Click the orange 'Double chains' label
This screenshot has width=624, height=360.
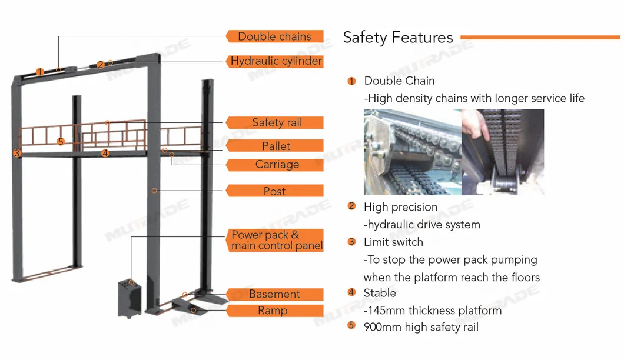(275, 36)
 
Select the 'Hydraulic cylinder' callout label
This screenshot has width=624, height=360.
(276, 61)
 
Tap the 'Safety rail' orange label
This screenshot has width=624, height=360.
(276, 123)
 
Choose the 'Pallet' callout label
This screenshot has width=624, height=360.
(276, 146)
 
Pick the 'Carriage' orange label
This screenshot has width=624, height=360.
(276, 165)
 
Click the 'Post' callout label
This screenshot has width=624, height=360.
(275, 191)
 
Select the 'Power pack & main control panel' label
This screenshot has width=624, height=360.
(276, 241)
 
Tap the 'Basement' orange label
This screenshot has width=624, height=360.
(274, 294)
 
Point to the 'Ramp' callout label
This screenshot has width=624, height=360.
(273, 311)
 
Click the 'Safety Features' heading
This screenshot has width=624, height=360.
(398, 38)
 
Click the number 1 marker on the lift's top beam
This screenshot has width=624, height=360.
(39, 72)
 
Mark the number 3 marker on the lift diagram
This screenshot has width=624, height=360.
(18, 154)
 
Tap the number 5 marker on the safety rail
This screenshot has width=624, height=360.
(61, 142)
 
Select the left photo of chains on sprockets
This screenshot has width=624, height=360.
(411, 151)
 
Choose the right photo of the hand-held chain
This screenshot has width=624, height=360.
(502, 151)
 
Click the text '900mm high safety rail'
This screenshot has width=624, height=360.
(421, 327)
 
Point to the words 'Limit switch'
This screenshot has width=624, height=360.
(393, 242)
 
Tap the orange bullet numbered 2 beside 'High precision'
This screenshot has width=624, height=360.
(352, 206)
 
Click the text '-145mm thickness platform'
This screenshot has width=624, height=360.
(433, 310)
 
